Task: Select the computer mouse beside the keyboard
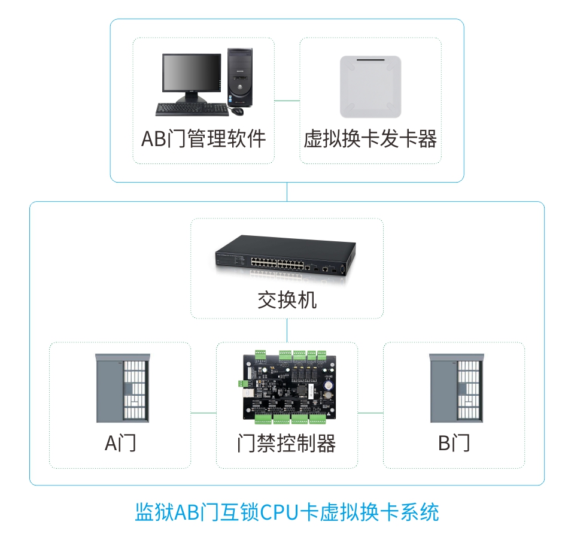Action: (238, 111)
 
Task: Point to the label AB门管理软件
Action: (203, 139)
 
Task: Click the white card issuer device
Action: (370, 87)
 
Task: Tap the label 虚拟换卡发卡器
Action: (370, 139)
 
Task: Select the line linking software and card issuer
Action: (287, 100)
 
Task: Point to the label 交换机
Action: (287, 299)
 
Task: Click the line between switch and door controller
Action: (287, 330)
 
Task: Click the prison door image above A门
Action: (121, 388)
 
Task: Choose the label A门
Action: (120, 444)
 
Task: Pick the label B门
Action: (454, 444)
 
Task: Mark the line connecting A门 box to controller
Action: (204, 413)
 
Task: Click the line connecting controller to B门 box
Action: (370, 413)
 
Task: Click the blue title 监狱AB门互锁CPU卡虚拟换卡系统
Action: (287, 512)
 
